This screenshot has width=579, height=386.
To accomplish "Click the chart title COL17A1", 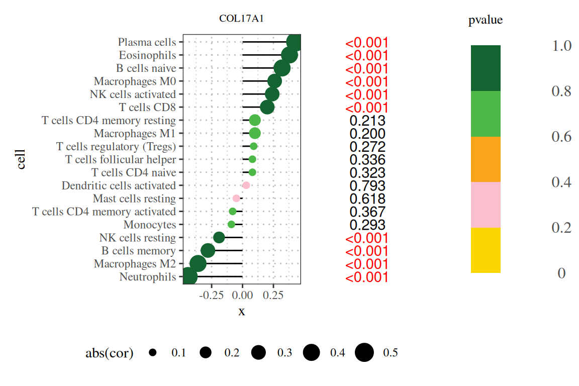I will (242, 19).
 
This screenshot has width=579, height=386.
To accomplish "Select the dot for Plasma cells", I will (294, 42).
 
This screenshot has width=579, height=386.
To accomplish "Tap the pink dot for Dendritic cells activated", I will (246, 185).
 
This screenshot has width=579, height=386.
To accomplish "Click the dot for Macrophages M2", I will (198, 263).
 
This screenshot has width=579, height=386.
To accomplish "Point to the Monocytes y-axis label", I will (150, 225).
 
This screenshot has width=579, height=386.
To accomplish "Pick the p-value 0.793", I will (367, 186).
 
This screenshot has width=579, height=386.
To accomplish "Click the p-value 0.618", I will (367, 199).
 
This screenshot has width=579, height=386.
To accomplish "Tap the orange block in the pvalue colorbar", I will (486, 159).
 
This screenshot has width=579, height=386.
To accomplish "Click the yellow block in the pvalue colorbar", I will (486, 250).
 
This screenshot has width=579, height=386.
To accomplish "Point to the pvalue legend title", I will (486, 21).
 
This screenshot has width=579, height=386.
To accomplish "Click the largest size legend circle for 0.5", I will (364, 353).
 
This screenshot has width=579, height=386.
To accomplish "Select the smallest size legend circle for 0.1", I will (152, 353).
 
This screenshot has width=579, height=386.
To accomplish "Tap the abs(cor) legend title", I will (109, 353).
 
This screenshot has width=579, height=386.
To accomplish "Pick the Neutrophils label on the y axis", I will (148, 277).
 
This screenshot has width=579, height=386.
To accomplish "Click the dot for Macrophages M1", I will (255, 133).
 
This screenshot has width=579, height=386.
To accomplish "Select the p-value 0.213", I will (367, 121).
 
